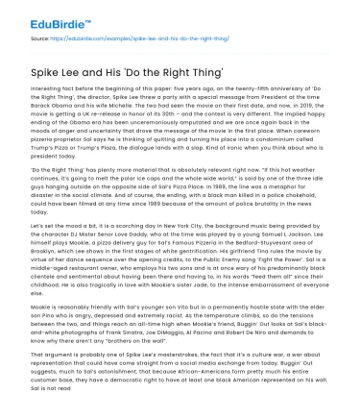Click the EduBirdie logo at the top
pos(40,14)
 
